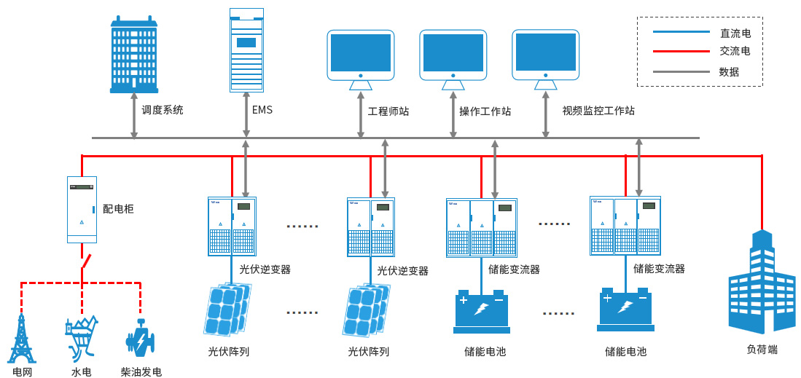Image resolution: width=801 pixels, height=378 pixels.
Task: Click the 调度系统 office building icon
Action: (x=134, y=55)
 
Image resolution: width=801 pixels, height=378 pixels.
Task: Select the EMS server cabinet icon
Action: (x=246, y=50)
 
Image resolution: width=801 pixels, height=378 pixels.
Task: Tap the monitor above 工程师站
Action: (x=360, y=57)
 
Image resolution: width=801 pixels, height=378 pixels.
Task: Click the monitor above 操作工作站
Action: (x=453, y=57)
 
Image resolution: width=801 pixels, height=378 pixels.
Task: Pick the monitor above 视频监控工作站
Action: (x=545, y=56)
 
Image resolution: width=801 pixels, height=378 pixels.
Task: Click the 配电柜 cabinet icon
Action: (x=82, y=209)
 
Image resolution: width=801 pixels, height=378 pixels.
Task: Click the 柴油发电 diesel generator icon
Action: (x=140, y=340)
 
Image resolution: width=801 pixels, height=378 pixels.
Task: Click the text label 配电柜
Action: (x=118, y=209)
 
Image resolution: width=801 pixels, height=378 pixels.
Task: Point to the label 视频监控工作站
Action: (x=598, y=111)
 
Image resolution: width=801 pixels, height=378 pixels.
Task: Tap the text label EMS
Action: (x=262, y=111)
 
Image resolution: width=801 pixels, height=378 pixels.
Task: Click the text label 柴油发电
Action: (x=141, y=372)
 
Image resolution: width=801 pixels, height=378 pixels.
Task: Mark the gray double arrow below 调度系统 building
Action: (x=134, y=115)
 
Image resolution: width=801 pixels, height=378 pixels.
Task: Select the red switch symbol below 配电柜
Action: (x=85, y=259)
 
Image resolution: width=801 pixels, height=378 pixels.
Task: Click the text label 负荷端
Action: (x=762, y=349)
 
